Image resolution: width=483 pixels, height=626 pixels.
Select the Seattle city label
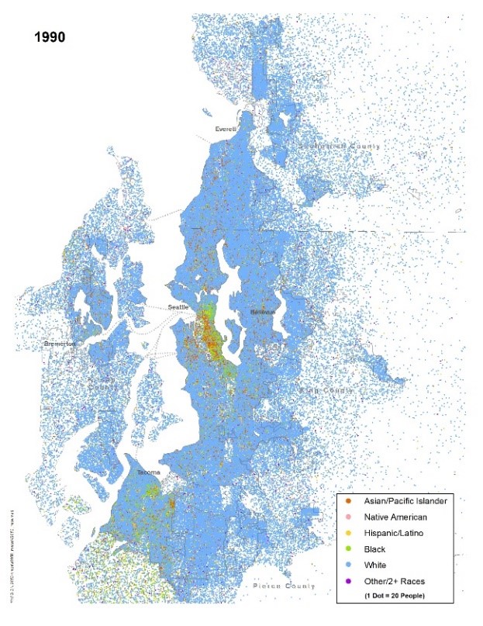[179, 307]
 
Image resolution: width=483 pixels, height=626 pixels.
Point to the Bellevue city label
[264, 311]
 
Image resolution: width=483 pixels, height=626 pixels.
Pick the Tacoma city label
[148, 472]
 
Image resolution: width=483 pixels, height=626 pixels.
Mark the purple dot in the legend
[348, 582]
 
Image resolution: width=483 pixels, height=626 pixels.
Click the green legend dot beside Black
[348, 549]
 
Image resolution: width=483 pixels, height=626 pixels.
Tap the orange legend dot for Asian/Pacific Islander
[348, 500]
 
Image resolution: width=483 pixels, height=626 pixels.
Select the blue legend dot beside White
[348, 565]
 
